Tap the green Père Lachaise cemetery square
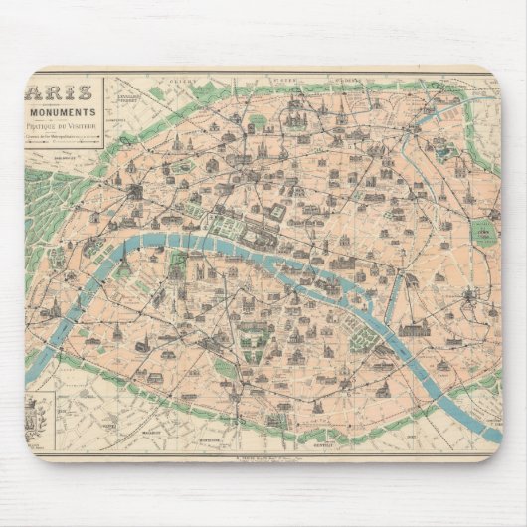tap(484, 234)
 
